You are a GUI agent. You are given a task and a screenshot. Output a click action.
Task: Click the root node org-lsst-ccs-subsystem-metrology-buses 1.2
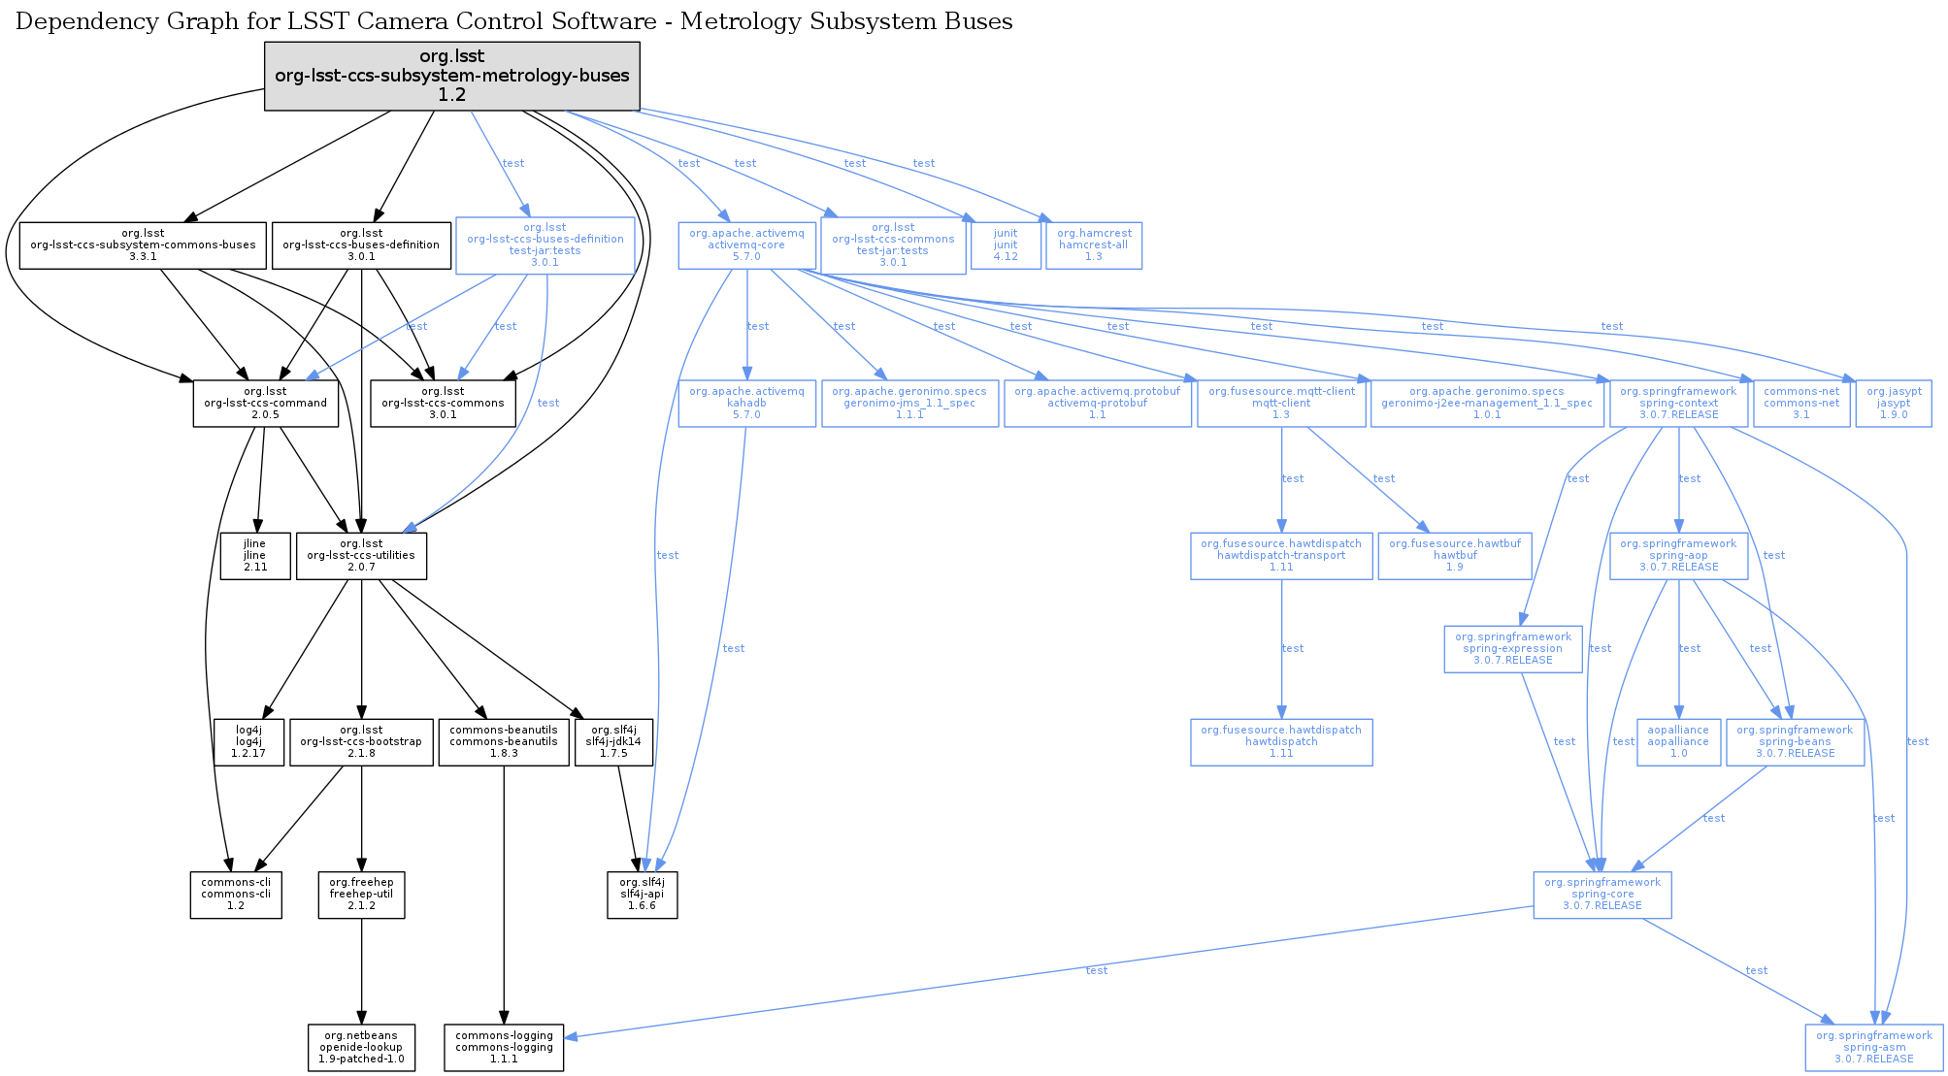(x=451, y=76)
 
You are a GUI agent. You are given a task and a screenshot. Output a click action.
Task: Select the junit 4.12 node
(x=1006, y=245)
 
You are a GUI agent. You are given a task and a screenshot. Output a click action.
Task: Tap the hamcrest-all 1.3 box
(x=1094, y=245)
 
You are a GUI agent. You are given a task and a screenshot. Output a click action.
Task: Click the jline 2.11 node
(x=254, y=556)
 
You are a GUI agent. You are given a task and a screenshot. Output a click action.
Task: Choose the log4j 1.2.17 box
(x=249, y=742)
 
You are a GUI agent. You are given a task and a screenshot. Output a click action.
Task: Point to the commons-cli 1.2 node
(x=236, y=895)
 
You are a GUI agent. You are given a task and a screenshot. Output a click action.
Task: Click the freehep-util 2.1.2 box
(x=361, y=895)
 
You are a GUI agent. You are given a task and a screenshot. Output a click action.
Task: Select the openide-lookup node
(x=361, y=1048)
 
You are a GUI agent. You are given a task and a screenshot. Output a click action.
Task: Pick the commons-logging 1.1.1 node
(x=504, y=1048)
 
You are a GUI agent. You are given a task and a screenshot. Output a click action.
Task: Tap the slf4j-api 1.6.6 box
(x=642, y=895)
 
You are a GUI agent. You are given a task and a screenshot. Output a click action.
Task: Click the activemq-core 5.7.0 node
(x=746, y=245)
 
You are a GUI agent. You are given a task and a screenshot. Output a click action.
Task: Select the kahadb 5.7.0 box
(x=746, y=404)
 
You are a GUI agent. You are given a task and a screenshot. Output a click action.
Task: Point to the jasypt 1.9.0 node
(x=1893, y=404)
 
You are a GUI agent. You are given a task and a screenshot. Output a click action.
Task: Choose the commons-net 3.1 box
(x=1800, y=404)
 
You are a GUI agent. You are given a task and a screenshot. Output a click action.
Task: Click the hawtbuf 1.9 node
(x=1454, y=556)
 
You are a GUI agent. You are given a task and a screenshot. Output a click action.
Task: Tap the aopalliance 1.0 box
(x=1677, y=742)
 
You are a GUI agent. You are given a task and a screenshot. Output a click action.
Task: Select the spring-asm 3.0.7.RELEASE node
(x=1873, y=1048)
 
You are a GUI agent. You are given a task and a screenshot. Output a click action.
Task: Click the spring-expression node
(x=1512, y=649)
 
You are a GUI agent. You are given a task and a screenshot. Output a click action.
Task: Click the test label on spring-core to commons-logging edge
(x=1096, y=970)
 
